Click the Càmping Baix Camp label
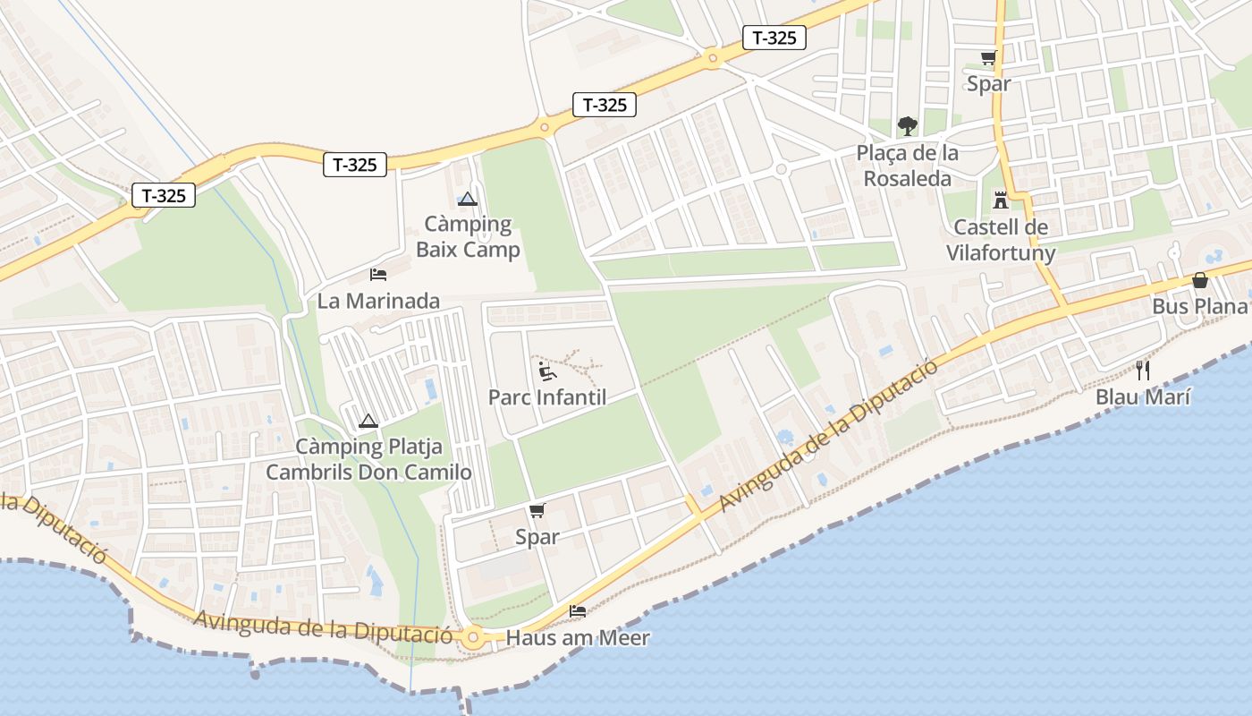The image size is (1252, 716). coord(468,236)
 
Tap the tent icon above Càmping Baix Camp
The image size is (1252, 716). coord(468,199)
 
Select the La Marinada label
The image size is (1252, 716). coord(378,301)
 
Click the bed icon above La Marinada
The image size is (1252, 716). coord(378,274)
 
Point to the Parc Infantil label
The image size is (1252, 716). coord(547,396)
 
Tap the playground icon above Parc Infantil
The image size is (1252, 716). coord(547,371)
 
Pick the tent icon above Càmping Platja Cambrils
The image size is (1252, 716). coord(368,421)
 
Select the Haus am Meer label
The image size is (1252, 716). coord(578,638)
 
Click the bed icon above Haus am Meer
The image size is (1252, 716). coord(578,612)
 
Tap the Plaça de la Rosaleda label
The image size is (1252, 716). coord(908,166)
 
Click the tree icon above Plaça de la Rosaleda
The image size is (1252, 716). coord(908,125)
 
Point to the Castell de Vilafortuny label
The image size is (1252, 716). coord(1001,240)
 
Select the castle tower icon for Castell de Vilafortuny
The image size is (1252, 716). coord(1001,200)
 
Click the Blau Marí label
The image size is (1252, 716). coord(1143,396)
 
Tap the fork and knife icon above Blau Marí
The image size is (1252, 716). coord(1143,370)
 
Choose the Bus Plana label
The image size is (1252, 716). coord(1199,306)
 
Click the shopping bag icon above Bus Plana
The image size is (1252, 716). coord(1199,281)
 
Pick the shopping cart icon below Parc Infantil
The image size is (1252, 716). coord(537,511)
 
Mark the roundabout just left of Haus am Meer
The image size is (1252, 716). coord(473,638)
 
